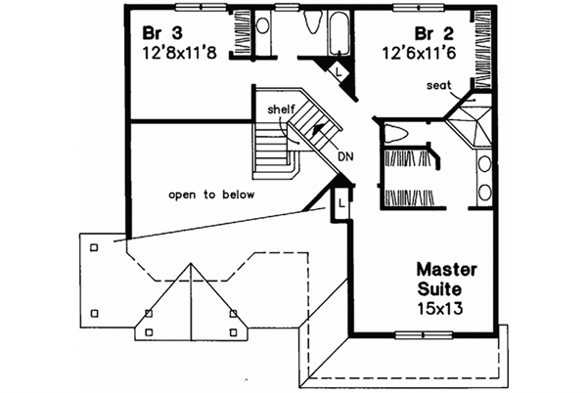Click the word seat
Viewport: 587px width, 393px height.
click(x=438, y=85)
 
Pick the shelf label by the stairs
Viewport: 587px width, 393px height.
click(x=268, y=109)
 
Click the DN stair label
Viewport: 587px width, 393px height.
click(x=344, y=154)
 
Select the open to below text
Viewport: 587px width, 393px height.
click(x=211, y=195)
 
